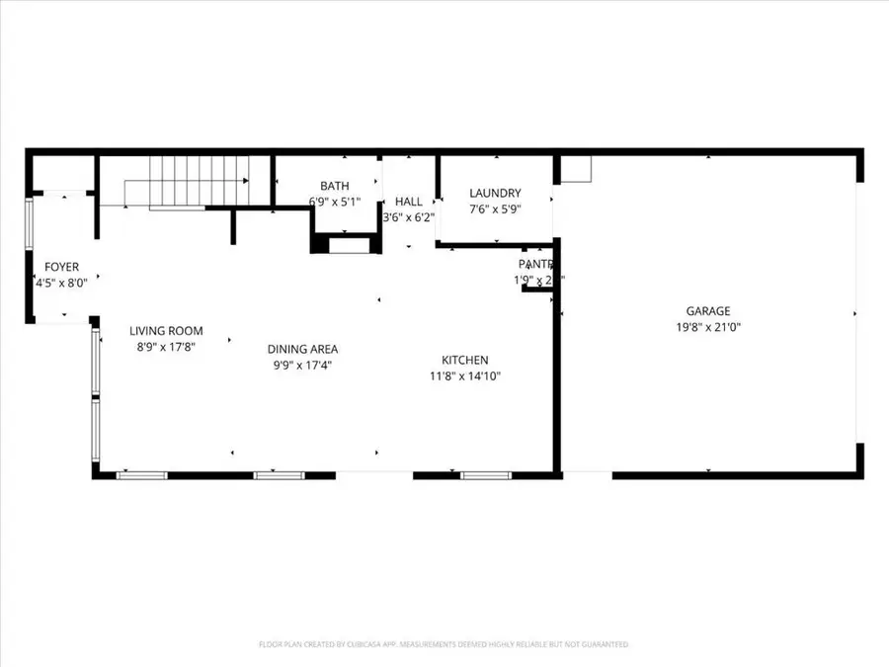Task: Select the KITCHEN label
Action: click(464, 361)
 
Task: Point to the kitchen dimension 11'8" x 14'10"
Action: click(464, 376)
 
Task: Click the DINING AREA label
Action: click(302, 349)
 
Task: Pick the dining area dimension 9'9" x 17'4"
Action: click(302, 365)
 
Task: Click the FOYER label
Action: click(61, 267)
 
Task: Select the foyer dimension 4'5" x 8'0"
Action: click(61, 283)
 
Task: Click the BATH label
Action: click(334, 186)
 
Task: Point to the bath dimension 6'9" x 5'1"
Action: click(334, 202)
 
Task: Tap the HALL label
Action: click(408, 202)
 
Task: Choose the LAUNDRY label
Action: click(495, 193)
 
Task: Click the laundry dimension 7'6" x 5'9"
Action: click(495, 208)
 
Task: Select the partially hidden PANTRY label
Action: click(535, 264)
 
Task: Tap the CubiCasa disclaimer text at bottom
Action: click(444, 644)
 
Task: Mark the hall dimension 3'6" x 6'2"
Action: click(408, 217)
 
